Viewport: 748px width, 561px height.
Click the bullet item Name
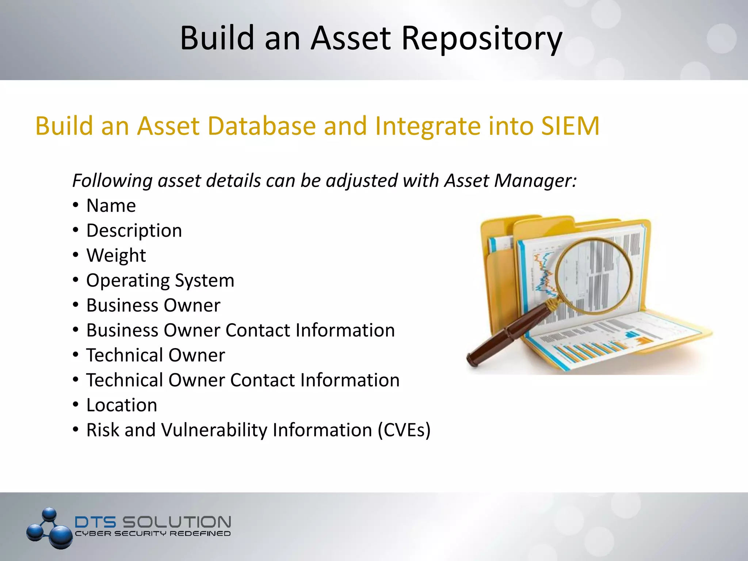[111, 206]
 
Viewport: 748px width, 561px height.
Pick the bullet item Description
[134, 231]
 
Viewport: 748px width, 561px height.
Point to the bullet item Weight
[116, 255]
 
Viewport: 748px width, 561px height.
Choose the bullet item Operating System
[160, 280]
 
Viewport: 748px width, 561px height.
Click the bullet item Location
[122, 405]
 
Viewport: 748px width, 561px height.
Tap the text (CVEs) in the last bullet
[404, 430]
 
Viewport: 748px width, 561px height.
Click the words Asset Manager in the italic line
[510, 180]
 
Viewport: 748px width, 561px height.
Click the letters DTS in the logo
[95, 522]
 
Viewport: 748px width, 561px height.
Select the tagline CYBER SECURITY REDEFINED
[153, 534]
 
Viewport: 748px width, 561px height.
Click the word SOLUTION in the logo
[176, 522]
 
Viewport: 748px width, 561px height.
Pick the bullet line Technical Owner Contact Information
[243, 380]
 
